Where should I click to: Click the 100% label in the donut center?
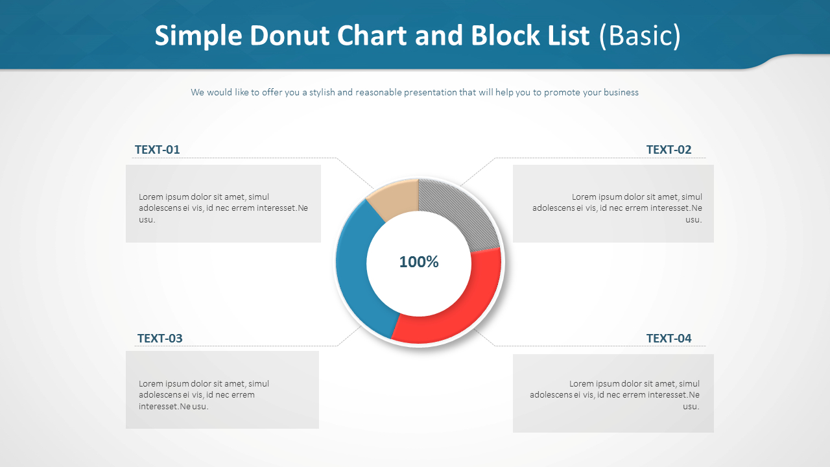tap(419, 261)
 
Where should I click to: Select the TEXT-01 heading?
tap(157, 149)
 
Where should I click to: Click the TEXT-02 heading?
tap(669, 149)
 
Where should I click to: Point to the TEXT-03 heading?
tap(160, 338)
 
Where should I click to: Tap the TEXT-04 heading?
tap(669, 338)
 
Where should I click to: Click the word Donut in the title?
tap(289, 36)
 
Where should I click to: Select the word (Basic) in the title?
tap(640, 36)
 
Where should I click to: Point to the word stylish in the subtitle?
tap(322, 92)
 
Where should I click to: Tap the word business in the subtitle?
tap(621, 92)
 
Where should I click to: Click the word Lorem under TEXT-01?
tap(151, 197)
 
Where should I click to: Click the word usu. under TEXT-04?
tap(691, 406)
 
